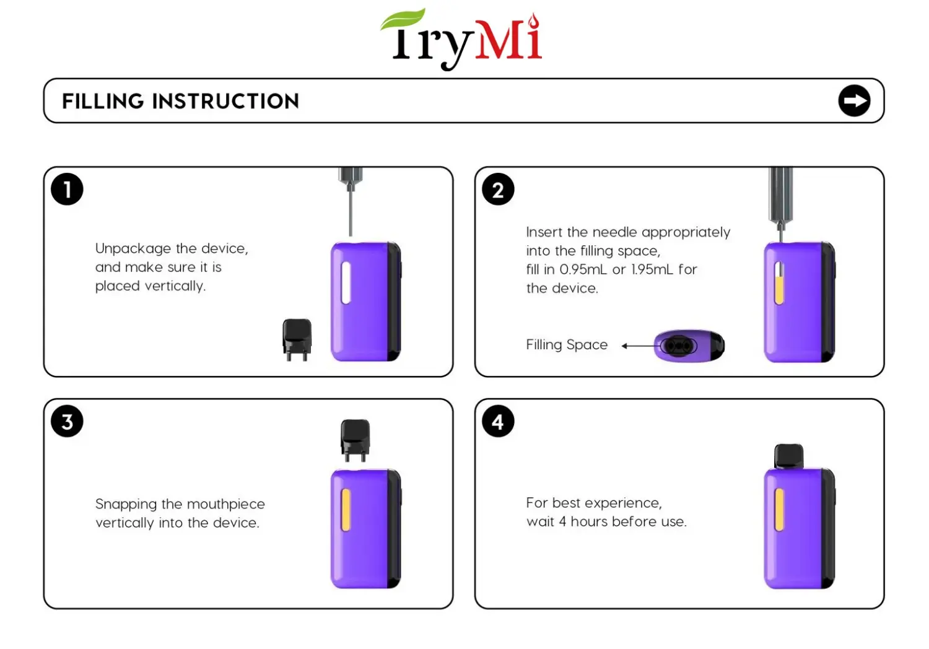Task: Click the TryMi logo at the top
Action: pos(461,38)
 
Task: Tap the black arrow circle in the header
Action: pos(854,101)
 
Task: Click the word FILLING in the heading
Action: pos(103,101)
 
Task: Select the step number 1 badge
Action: pos(67,189)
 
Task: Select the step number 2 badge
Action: pos(498,189)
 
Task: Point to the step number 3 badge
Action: pos(67,422)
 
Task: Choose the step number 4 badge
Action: pos(498,422)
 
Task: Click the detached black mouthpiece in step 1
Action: pos(297,339)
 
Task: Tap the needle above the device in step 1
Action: pos(351,211)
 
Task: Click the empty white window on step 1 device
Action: pos(346,282)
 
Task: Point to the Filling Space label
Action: pos(567,345)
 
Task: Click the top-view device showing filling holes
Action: pos(689,346)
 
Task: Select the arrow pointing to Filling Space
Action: pos(638,346)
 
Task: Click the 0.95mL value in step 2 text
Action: pos(583,269)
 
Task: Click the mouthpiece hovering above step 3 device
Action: pos(355,439)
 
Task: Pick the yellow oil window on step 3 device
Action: pos(346,510)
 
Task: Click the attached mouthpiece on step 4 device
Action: pos(789,456)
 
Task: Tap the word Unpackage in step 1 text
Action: pos(133,248)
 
